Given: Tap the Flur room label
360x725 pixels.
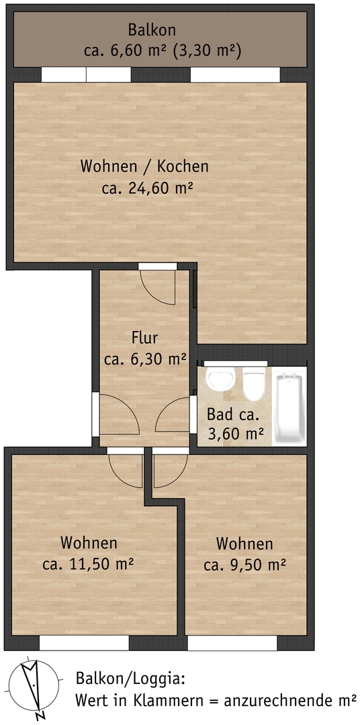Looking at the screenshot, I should (x=145, y=338).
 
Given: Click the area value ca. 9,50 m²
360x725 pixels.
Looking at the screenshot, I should (x=244, y=565).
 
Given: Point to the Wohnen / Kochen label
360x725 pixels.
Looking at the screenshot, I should (x=144, y=166).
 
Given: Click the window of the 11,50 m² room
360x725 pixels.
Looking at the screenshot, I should (x=83, y=643).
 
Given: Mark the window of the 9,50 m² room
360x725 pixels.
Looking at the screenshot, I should (x=232, y=643).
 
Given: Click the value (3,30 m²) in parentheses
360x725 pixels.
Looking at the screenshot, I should (x=210, y=50).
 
